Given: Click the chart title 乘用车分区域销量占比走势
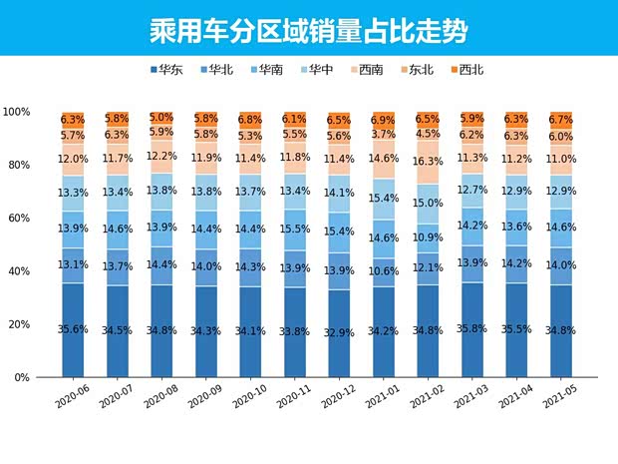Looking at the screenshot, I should [x=309, y=29].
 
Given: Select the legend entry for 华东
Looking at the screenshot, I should [x=169, y=70].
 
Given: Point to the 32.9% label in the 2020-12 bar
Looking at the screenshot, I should [x=338, y=330].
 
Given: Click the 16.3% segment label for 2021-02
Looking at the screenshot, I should [x=427, y=161].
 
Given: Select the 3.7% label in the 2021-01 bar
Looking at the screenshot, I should [x=383, y=135].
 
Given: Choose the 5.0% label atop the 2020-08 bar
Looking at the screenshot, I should [x=161, y=118].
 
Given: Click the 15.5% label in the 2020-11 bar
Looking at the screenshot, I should [x=294, y=229].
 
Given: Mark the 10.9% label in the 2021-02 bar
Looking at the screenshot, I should [x=427, y=238].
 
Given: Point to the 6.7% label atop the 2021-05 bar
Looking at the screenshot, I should [x=559, y=120].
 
